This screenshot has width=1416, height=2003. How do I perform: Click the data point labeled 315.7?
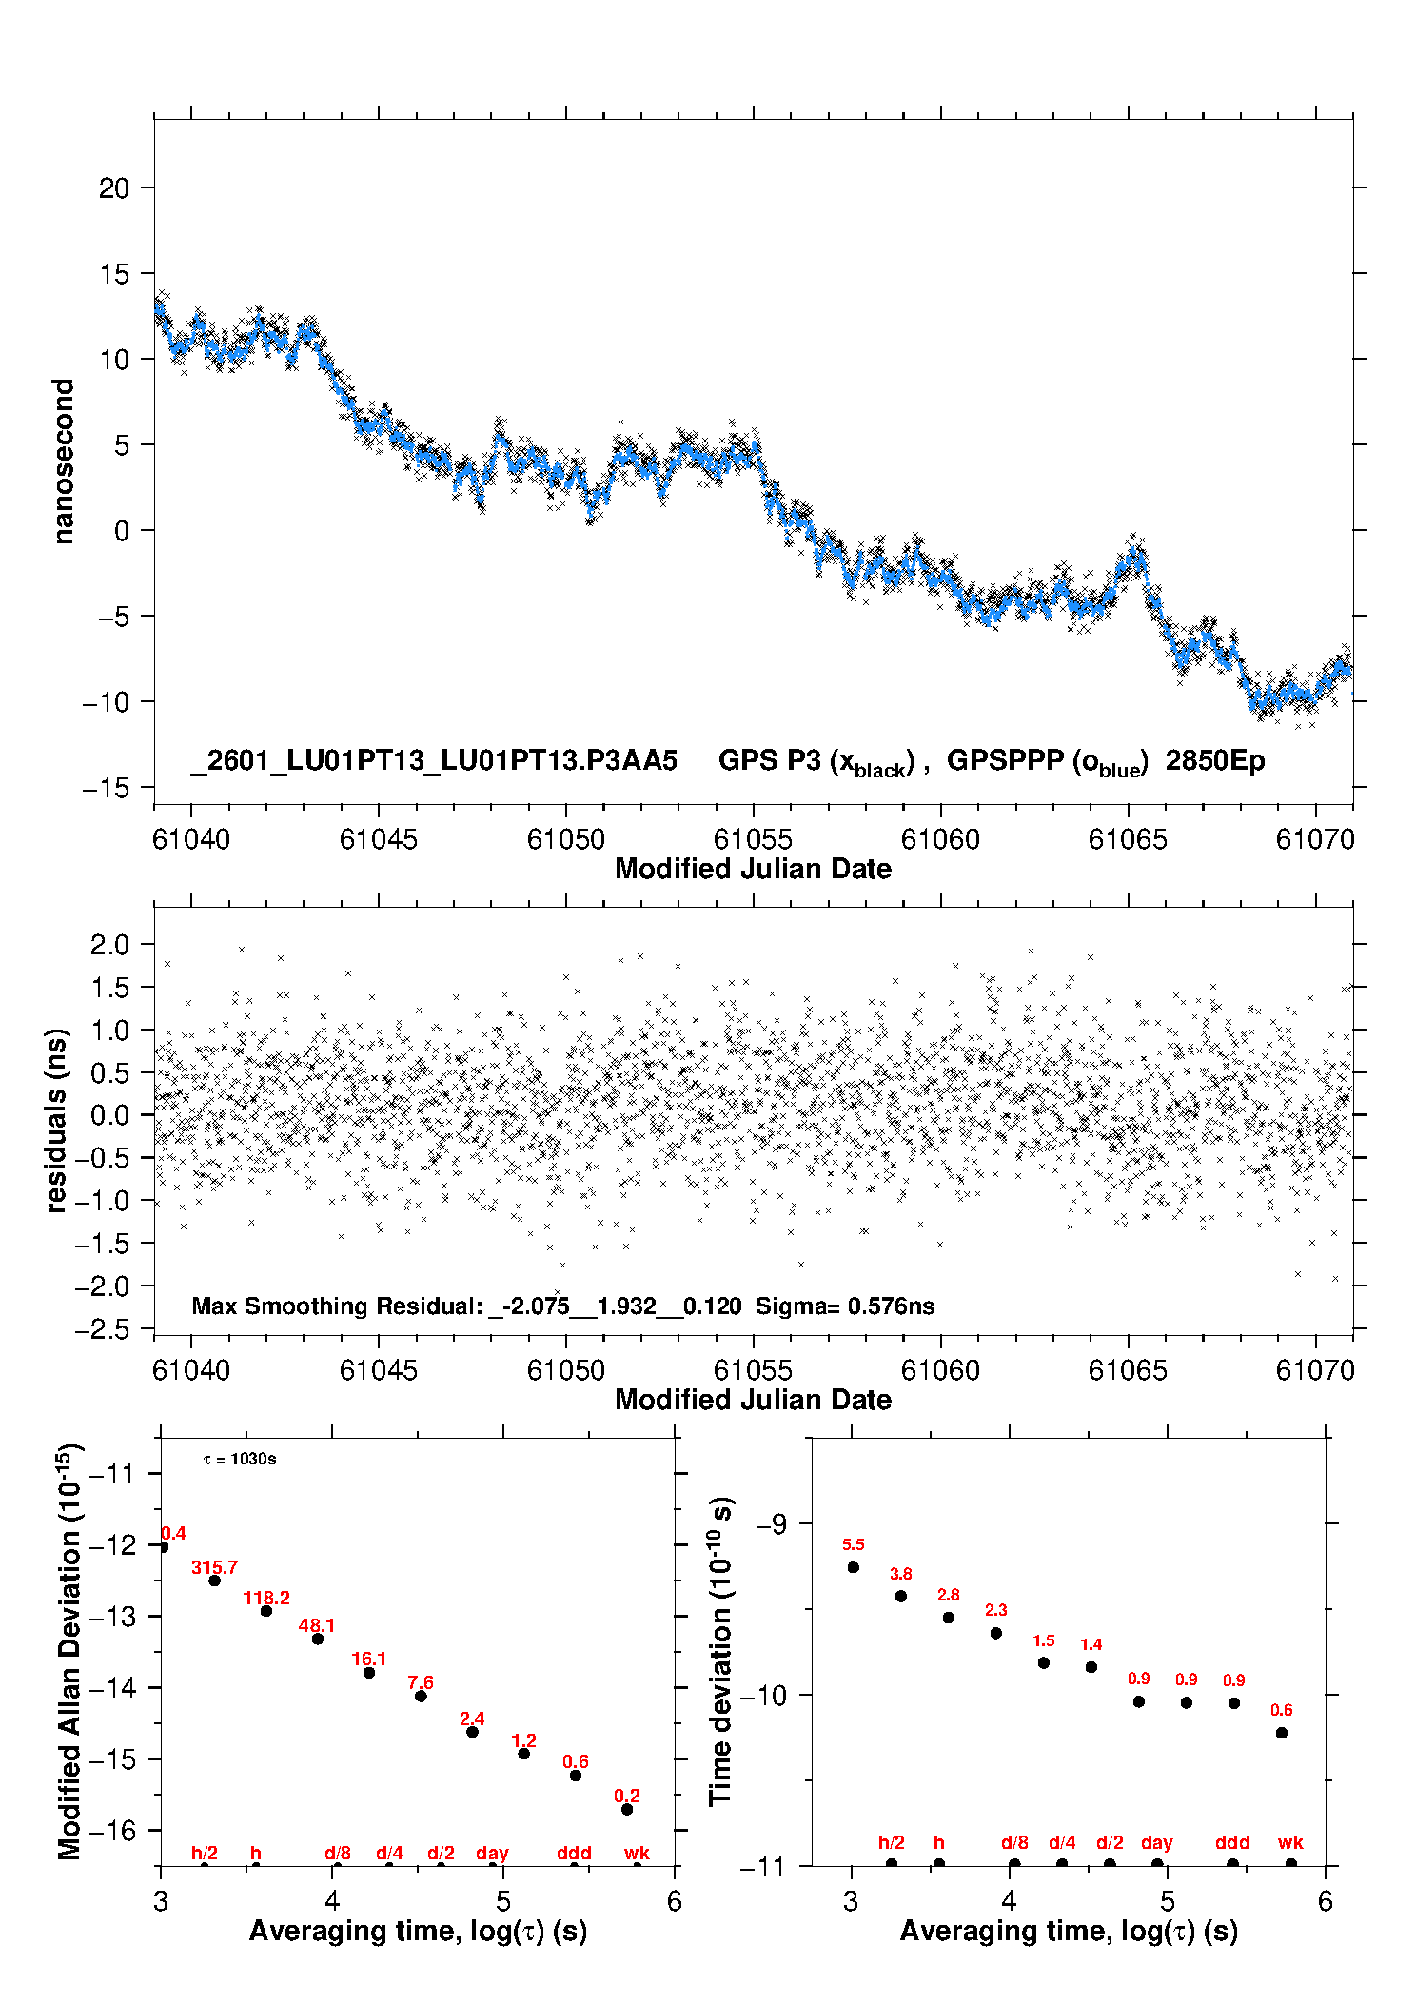pyautogui.click(x=214, y=1581)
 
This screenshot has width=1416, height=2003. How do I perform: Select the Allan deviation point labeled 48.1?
pyautogui.click(x=318, y=1639)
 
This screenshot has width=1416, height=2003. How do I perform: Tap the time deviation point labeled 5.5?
pyautogui.click(x=854, y=1567)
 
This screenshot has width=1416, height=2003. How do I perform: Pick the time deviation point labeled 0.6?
pyautogui.click(x=1282, y=1733)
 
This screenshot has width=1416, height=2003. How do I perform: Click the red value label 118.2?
pyautogui.click(x=266, y=1598)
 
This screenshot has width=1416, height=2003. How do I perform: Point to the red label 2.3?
pyautogui.click(x=996, y=1610)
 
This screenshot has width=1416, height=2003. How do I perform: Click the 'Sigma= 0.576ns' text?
pyautogui.click(x=845, y=1306)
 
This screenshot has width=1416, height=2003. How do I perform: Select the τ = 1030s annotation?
pyautogui.click(x=240, y=1460)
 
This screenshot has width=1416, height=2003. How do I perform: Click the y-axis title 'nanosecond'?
pyautogui.click(x=63, y=461)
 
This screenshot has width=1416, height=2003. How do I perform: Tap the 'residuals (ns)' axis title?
pyautogui.click(x=57, y=1120)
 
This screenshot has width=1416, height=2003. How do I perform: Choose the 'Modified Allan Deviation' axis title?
pyautogui.click(x=69, y=1651)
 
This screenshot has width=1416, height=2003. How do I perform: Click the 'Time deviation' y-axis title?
pyautogui.click(x=721, y=1651)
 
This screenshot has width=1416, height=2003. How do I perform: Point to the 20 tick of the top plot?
pyautogui.click(x=113, y=188)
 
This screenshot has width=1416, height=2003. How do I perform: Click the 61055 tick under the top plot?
pyautogui.click(x=753, y=839)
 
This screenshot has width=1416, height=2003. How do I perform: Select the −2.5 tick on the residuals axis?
pyautogui.click(x=102, y=1329)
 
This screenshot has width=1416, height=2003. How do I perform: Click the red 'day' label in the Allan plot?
pyautogui.click(x=492, y=1853)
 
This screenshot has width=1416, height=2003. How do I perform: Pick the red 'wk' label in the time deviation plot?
pyautogui.click(x=1290, y=1843)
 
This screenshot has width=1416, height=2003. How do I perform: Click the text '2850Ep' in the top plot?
pyautogui.click(x=1215, y=761)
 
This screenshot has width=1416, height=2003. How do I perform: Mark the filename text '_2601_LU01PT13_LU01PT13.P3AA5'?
pyautogui.click(x=434, y=761)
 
